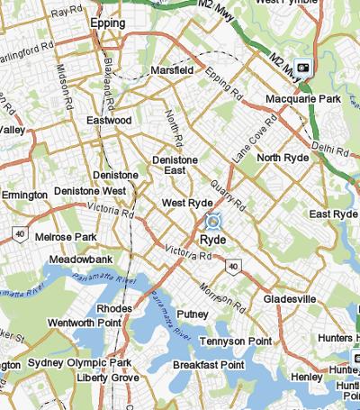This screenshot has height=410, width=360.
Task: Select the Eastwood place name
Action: click(x=110, y=120)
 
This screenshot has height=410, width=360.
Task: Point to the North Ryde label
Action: click(x=283, y=158)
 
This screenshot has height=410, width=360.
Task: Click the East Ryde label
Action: click(x=333, y=214)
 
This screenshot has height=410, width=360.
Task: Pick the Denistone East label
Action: click(x=181, y=166)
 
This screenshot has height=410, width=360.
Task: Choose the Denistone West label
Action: click(x=90, y=191)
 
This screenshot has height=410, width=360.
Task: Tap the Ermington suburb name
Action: click(x=24, y=195)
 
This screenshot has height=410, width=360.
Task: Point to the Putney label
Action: click(x=193, y=314)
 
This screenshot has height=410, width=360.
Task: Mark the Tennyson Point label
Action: click(x=235, y=342)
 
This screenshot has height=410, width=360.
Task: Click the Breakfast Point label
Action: click(x=208, y=365)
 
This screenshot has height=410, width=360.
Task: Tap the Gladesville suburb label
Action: click(x=291, y=298)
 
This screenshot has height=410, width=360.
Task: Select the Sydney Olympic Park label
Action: click(x=79, y=362)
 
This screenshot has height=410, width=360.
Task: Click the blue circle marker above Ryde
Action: click(x=213, y=221)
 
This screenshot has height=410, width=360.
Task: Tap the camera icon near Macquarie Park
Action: click(x=303, y=67)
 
